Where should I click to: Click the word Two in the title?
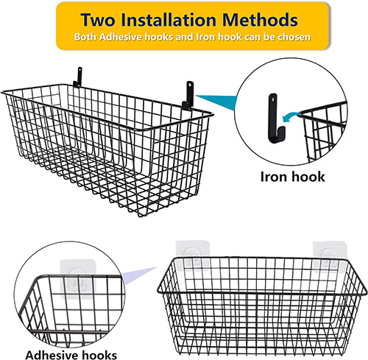tap(98, 19)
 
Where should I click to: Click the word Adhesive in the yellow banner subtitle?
tap(121, 37)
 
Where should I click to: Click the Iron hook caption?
tap(292, 177)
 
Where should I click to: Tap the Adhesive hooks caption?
tap(71, 355)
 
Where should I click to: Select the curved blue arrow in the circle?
tap(291, 116)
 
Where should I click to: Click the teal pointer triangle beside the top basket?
tap(217, 102)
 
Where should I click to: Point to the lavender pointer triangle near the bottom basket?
tap(138, 276)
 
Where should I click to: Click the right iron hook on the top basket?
tap(188, 96)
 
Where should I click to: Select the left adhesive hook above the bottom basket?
tap(193, 255)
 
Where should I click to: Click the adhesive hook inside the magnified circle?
tap(78, 278)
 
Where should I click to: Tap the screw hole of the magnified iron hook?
tap(273, 99)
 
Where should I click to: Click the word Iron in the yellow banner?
tap(205, 37)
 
